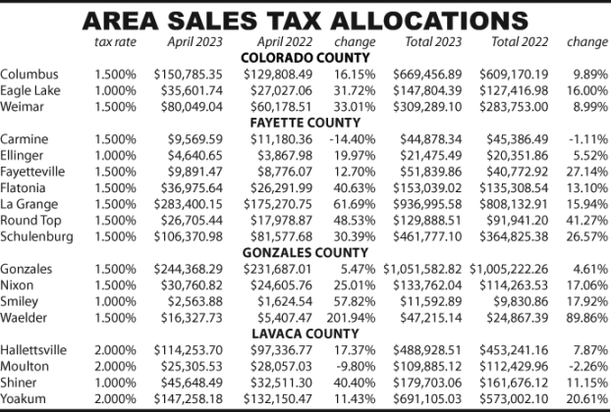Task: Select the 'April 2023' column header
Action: coord(194,41)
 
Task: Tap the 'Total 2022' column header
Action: coord(520,41)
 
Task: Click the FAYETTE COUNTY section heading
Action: coord(305,123)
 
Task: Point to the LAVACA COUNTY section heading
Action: coord(305,334)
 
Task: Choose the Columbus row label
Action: coord(29,74)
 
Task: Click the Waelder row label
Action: coord(24,318)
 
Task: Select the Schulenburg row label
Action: coord(36,236)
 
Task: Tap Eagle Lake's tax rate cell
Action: coord(115,90)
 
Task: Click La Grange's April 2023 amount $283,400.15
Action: coord(188,204)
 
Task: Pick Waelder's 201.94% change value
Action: coord(351,318)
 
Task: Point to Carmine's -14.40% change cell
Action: coord(353,139)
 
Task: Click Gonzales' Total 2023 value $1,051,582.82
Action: coord(422,269)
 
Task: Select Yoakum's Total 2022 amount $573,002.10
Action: coord(514,399)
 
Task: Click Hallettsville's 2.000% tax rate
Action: coord(115,350)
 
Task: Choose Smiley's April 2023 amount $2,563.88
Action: coord(194,301)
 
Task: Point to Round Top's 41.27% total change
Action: coord(586,220)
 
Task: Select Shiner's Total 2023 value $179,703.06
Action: coord(427,383)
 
